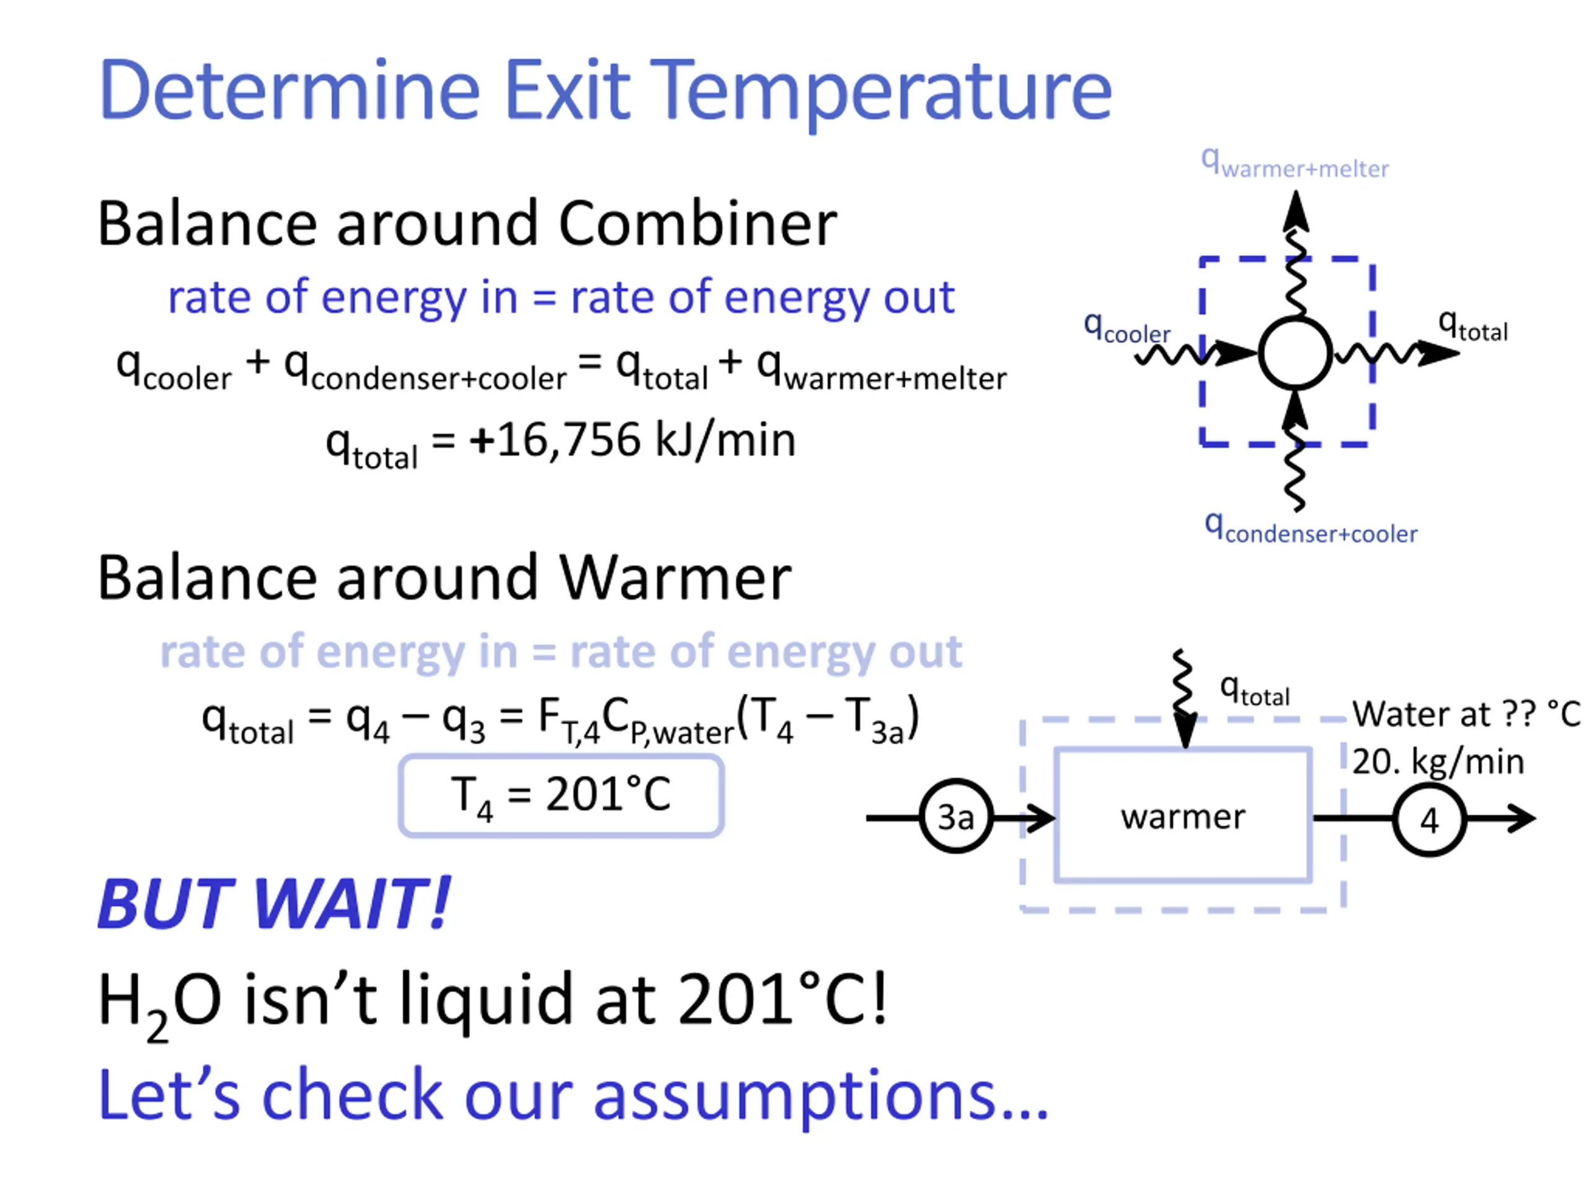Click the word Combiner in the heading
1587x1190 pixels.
[x=697, y=224]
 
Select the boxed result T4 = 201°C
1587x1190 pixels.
[x=560, y=795]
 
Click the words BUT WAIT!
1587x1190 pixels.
[x=274, y=904]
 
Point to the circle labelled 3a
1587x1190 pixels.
[x=956, y=817]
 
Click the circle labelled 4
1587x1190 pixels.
[x=1428, y=819]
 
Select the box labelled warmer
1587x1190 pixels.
[x=1183, y=816]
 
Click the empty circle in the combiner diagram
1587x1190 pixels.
[x=1295, y=353]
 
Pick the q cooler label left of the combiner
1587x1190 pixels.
[x=1126, y=328]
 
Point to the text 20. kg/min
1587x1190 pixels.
[x=1438, y=761]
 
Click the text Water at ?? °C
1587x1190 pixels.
[x=1465, y=714]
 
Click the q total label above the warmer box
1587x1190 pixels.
[x=1255, y=692]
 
